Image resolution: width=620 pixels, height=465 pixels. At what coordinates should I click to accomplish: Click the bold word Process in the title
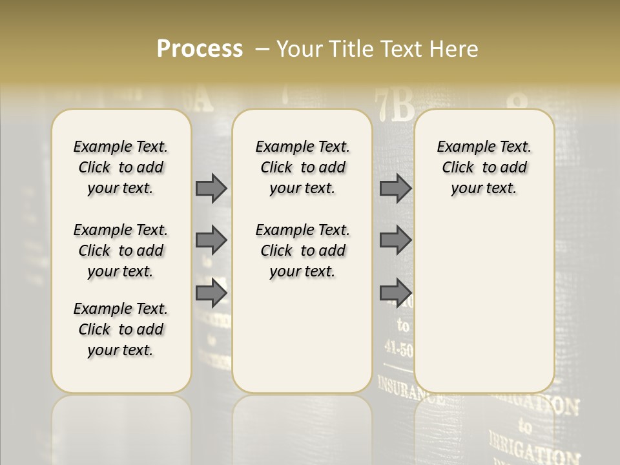pos(200,48)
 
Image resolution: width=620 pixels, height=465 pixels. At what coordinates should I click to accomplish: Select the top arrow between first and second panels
pos(211,188)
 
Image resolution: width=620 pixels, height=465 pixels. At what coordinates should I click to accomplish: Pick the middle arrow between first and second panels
pos(211,240)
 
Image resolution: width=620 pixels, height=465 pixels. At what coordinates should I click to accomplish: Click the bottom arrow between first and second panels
pos(211,293)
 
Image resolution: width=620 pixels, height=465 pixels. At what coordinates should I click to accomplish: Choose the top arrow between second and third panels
pos(395,188)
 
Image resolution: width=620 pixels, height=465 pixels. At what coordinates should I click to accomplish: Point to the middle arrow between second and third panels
pos(395,240)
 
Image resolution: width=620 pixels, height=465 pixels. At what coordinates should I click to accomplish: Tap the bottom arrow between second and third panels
pos(395,293)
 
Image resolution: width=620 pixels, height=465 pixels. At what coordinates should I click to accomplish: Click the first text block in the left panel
pos(121,167)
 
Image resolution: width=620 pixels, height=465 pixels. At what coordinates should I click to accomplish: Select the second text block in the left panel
pos(121,251)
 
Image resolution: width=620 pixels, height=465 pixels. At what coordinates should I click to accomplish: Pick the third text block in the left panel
pos(121,329)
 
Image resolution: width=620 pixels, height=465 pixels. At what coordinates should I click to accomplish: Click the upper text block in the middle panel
pos(302,167)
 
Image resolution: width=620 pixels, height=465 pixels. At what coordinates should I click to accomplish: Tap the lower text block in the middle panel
pos(302,251)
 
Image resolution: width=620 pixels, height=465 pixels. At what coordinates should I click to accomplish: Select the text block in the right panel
pos(484,167)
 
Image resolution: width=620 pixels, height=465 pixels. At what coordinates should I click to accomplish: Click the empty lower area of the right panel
pos(484,297)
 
